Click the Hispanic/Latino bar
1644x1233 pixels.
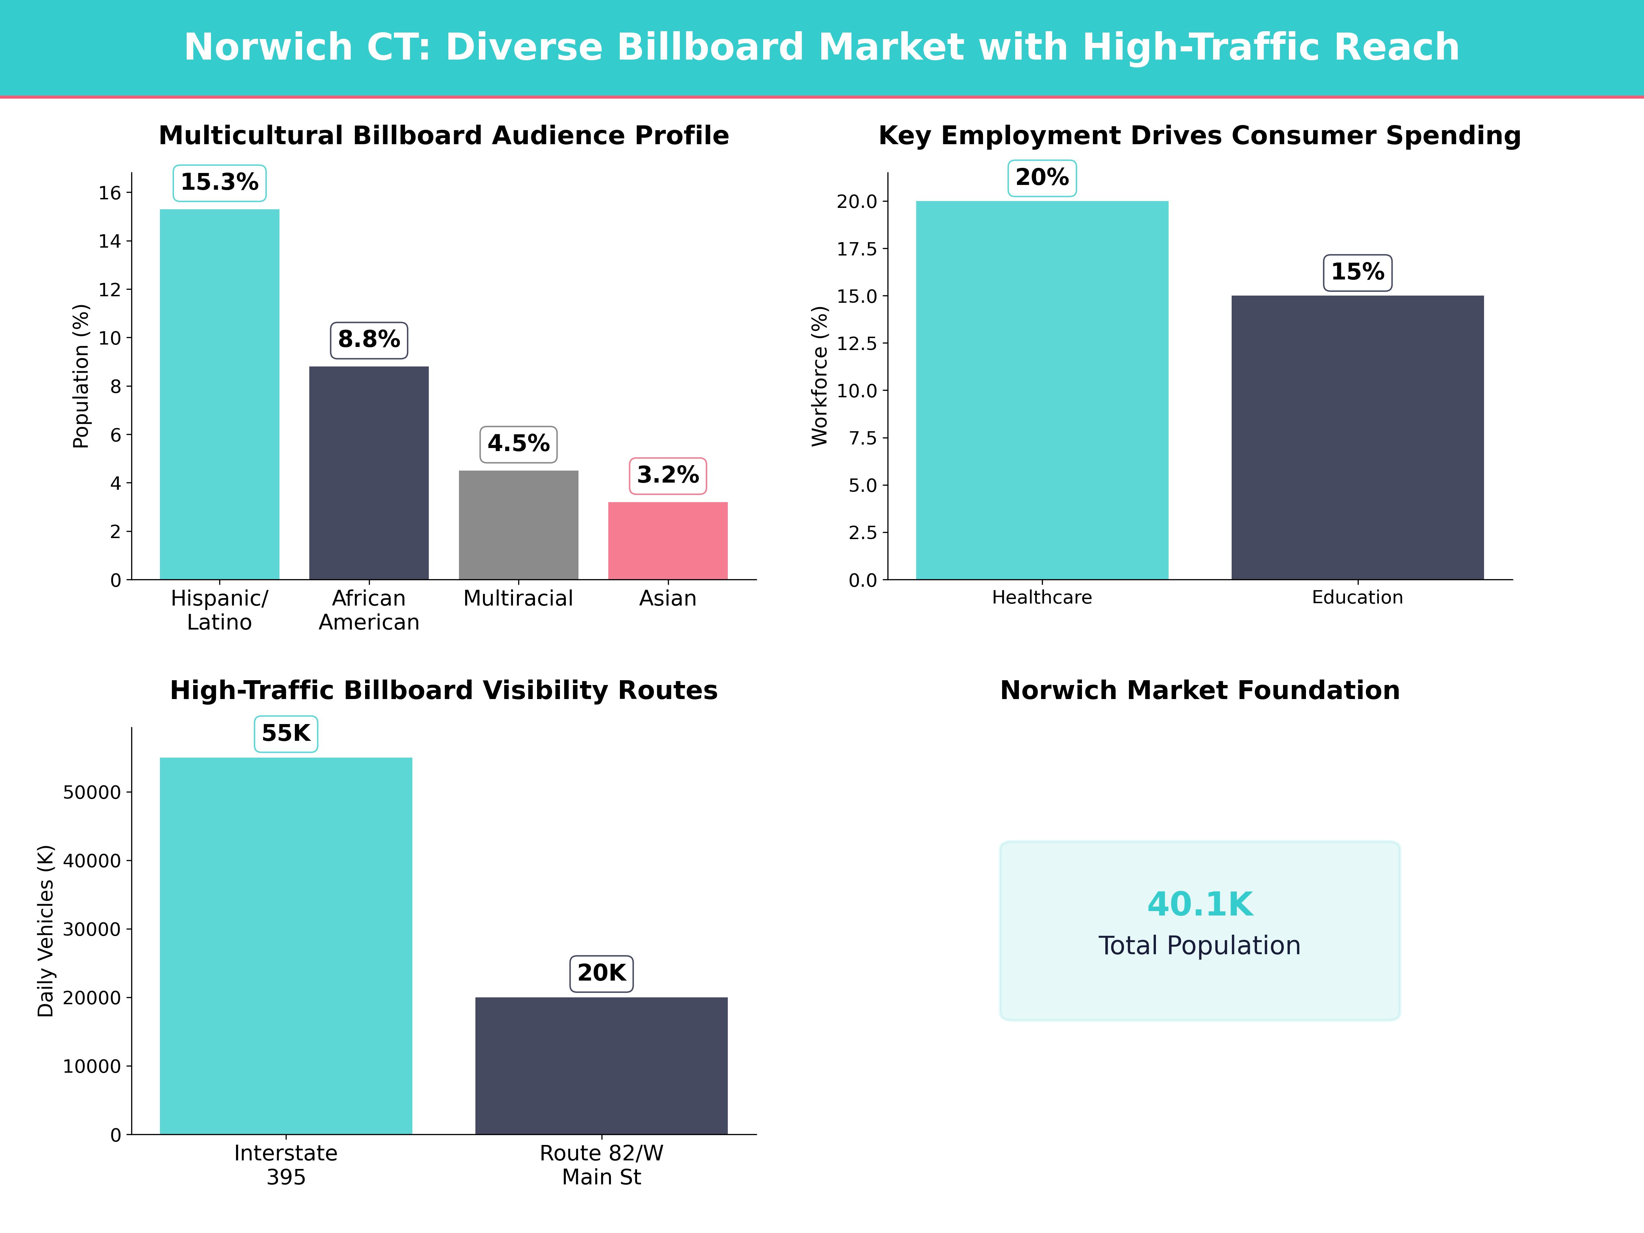coord(219,394)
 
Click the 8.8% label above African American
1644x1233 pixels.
coord(369,340)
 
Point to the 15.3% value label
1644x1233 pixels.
coord(219,182)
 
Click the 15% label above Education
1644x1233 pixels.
coord(1357,272)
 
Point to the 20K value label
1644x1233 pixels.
coord(601,973)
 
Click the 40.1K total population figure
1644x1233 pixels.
coord(1199,905)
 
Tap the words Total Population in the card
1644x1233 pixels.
coord(1199,945)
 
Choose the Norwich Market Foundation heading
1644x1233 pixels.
coord(1199,690)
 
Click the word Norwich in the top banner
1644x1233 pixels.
coord(268,48)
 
